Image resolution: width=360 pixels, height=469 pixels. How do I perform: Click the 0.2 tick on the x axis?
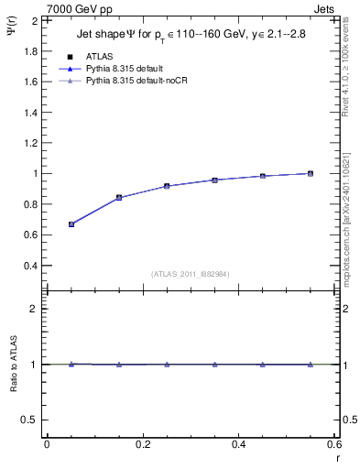[142, 443]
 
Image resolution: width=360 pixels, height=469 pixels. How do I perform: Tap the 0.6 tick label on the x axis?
[333, 443]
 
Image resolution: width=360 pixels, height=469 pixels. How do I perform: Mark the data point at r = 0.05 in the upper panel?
[71, 224]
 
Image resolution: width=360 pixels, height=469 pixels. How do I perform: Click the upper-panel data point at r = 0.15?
[119, 197]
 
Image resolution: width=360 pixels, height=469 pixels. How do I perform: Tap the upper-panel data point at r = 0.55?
[311, 173]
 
